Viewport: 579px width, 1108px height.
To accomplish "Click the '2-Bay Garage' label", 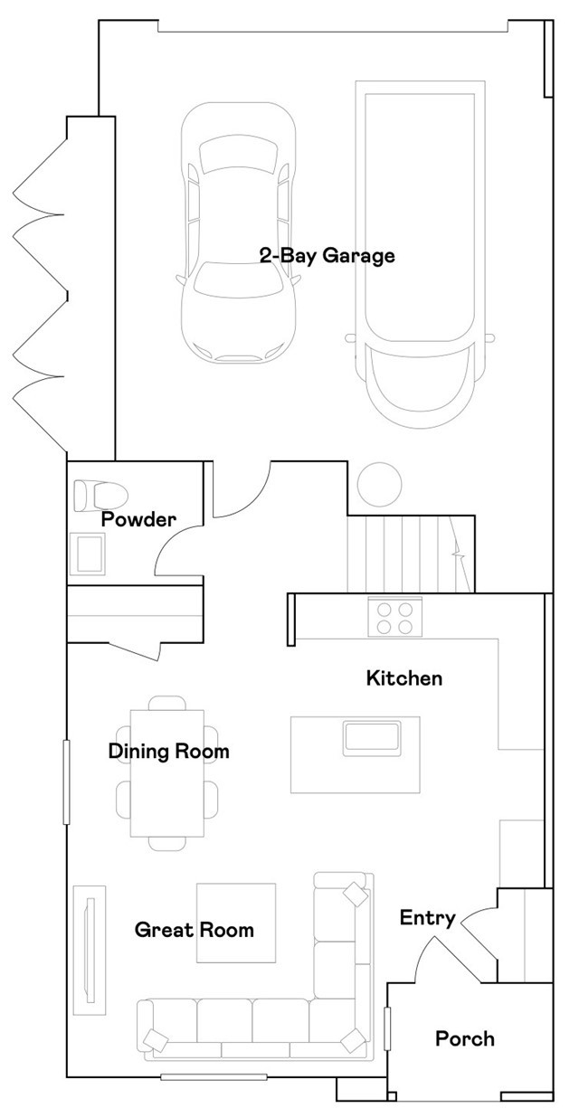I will tap(327, 256).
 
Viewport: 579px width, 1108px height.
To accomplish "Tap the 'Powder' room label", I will tap(138, 519).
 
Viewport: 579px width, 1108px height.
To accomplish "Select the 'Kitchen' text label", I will tap(403, 677).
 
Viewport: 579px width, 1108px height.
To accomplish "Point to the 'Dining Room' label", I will tap(168, 751).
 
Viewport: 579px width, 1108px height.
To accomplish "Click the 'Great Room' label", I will tap(194, 929).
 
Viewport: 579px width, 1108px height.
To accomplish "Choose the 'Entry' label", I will tap(427, 918).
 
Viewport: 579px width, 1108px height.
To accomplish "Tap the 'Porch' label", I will tap(465, 1037).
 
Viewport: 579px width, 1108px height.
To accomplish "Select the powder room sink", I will tap(90, 553).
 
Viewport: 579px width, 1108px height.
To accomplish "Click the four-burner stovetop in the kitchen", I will tap(395, 617).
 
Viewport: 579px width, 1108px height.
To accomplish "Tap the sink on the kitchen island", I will tap(372, 736).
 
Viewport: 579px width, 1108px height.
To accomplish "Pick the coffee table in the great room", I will tap(236, 923).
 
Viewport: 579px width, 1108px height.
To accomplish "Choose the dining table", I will tap(167, 769).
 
